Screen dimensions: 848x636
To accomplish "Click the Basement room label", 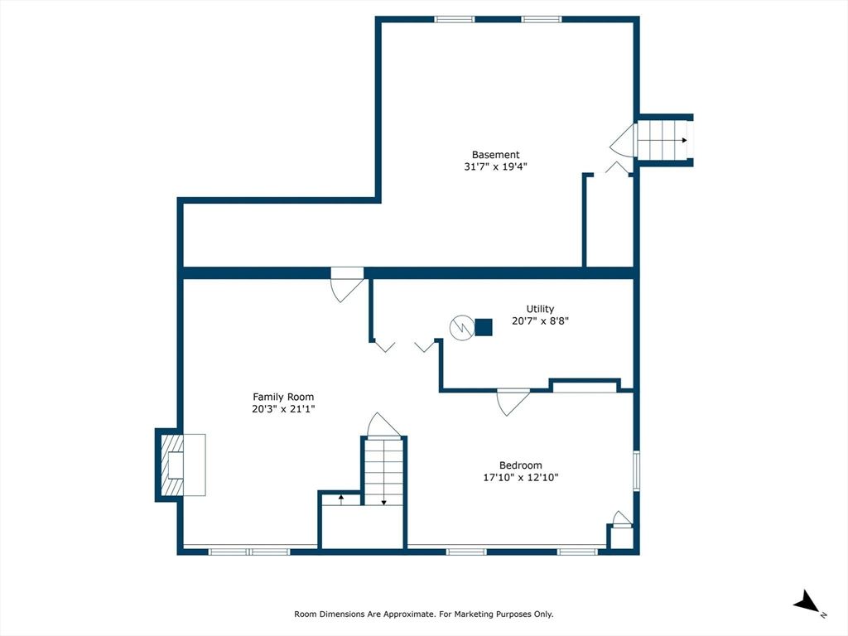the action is [495, 155].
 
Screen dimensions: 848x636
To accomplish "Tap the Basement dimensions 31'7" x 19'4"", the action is [495, 166].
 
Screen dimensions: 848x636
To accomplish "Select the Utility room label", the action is [540, 309].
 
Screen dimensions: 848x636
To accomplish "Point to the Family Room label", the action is [283, 397].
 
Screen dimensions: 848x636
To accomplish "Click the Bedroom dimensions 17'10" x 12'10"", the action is [521, 478].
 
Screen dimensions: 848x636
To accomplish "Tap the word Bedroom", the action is [521, 465].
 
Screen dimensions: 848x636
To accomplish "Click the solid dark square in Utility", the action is [484, 327].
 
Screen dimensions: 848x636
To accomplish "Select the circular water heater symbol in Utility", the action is [462, 328].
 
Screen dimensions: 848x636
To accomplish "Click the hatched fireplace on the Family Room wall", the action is [172, 465].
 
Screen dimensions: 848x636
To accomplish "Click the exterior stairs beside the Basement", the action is [663, 141].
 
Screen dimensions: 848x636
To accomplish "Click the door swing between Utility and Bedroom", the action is [513, 402].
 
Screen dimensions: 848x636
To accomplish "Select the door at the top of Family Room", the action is [347, 285].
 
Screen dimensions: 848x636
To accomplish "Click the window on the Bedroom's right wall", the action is [637, 470].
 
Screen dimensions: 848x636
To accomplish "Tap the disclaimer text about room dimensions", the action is [423, 614].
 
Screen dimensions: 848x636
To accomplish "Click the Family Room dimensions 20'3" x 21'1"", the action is [283, 409].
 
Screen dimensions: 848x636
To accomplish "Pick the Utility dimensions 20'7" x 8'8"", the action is [540, 321].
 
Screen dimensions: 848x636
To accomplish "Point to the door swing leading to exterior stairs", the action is [624, 141].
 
